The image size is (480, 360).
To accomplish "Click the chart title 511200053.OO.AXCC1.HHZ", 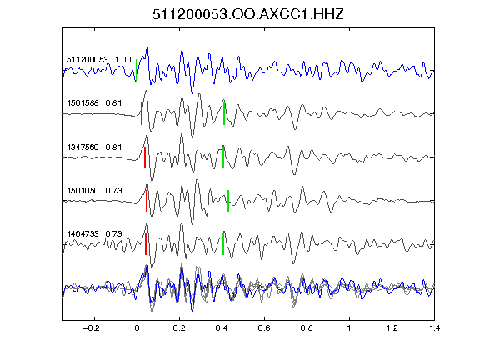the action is point(248,14).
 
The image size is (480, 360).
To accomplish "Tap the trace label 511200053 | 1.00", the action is point(99,59).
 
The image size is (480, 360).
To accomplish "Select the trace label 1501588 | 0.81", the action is point(94,102).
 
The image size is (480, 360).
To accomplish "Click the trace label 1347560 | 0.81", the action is point(94,147).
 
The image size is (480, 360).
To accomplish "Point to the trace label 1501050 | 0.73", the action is point(94,190).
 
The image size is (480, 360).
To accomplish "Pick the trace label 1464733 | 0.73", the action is point(94,234).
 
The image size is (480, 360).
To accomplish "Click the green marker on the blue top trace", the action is point(137,71).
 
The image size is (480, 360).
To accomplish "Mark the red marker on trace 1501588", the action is point(142,113).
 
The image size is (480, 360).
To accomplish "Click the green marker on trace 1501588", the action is point(224,114).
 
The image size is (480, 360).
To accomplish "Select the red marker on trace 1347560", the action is point(145,157).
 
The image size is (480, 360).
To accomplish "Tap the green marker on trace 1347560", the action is point(223,157).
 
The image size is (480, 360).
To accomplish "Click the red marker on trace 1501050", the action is point(147,201).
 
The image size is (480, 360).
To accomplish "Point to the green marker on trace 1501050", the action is point(228,201).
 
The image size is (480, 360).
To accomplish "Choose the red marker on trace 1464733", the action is point(146,244).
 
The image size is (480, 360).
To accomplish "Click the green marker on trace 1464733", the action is point(223,244).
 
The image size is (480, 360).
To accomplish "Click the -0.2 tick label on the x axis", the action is point(91,328).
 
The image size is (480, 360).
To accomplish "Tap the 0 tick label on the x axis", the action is point(137,328).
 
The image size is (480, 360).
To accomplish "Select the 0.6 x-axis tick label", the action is point(264,328).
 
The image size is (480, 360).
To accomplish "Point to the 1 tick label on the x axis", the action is point(349,328).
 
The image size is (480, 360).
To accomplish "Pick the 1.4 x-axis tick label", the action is point(434,328).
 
